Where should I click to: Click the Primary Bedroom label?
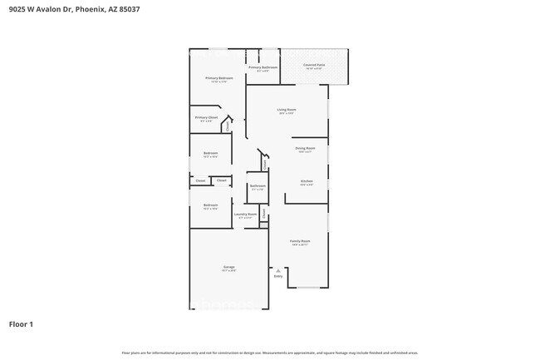[219, 78]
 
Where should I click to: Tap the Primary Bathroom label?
[263, 67]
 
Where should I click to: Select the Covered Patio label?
[313, 64]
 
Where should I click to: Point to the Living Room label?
[287, 110]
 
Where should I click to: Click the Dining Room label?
[305, 148]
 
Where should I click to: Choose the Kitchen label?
[306, 181]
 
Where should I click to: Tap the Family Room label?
[299, 241]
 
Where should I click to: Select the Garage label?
[228, 267]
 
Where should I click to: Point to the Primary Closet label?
[206, 118]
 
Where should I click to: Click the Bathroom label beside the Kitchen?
[257, 187]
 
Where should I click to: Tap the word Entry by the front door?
[277, 276]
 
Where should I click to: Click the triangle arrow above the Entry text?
[277, 270]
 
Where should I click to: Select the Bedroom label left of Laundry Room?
[210, 205]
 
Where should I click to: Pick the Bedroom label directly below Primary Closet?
[210, 153]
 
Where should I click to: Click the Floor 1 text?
[22, 324]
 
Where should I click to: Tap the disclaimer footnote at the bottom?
[270, 353]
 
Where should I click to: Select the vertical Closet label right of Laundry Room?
[264, 214]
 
